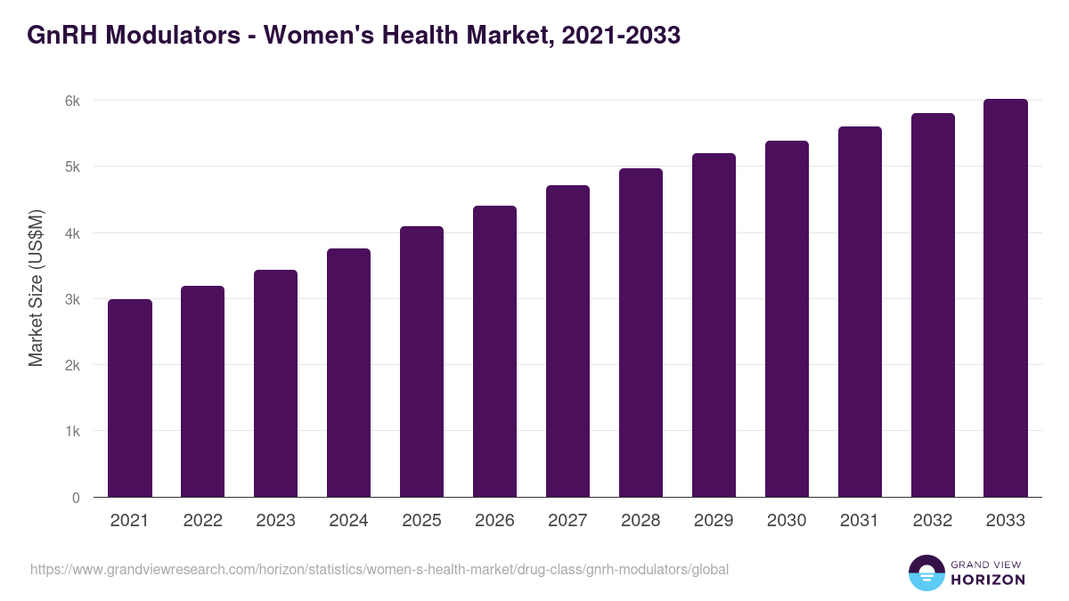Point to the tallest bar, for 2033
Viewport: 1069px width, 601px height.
pos(1006,298)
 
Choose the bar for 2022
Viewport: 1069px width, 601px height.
pos(203,392)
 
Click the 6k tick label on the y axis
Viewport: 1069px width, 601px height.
pos(72,101)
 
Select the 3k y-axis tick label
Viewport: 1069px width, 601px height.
pos(72,299)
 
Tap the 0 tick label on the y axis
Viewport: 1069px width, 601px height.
pos(76,498)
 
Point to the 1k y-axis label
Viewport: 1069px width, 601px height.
pos(72,432)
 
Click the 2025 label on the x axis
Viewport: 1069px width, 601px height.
pos(421,521)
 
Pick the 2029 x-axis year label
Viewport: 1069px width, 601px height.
pos(714,521)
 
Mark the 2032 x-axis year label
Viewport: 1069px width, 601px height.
pos(933,521)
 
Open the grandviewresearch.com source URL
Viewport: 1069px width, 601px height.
pos(379,569)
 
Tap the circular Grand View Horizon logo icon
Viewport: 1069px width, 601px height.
pos(926,573)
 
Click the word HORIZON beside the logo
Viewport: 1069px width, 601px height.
pos(988,580)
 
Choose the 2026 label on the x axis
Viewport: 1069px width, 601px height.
pos(494,521)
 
